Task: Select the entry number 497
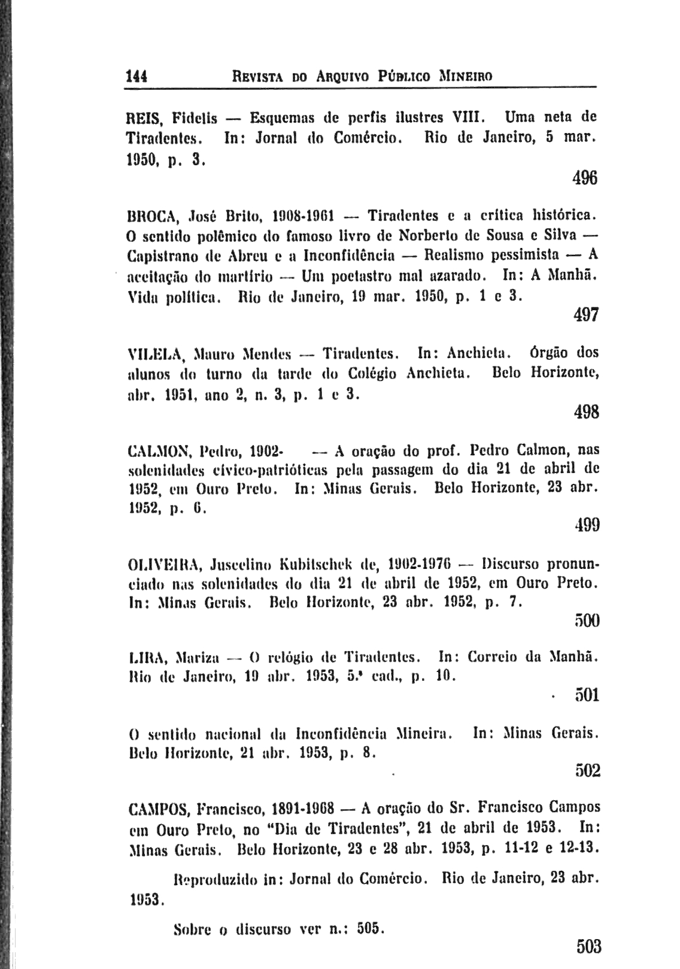[x=585, y=314]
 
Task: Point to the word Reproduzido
[x=214, y=880]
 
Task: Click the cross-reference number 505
[x=368, y=929]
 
